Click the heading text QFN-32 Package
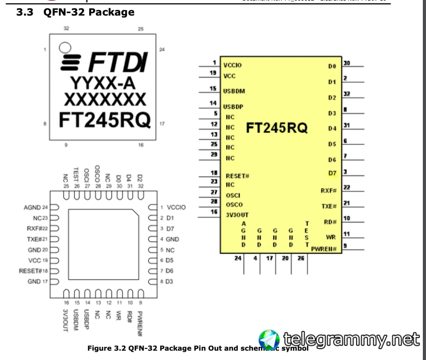click(x=89, y=12)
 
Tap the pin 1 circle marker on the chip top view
click(x=65, y=48)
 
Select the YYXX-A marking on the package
click(x=103, y=83)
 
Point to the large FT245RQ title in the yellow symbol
click(x=277, y=128)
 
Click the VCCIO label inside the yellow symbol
click(x=232, y=65)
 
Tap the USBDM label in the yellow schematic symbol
click(x=234, y=91)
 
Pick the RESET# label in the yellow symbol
click(x=237, y=176)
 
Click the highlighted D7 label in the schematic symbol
click(x=332, y=173)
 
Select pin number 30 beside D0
click(x=347, y=63)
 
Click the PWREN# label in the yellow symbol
click(x=324, y=249)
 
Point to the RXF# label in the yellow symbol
click(x=328, y=191)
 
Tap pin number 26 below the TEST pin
click(x=301, y=258)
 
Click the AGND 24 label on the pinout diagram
click(x=36, y=207)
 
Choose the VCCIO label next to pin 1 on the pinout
click(x=176, y=207)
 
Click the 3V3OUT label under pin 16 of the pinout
click(x=66, y=320)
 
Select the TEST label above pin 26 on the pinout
click(x=76, y=174)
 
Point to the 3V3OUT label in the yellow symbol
click(x=237, y=215)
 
